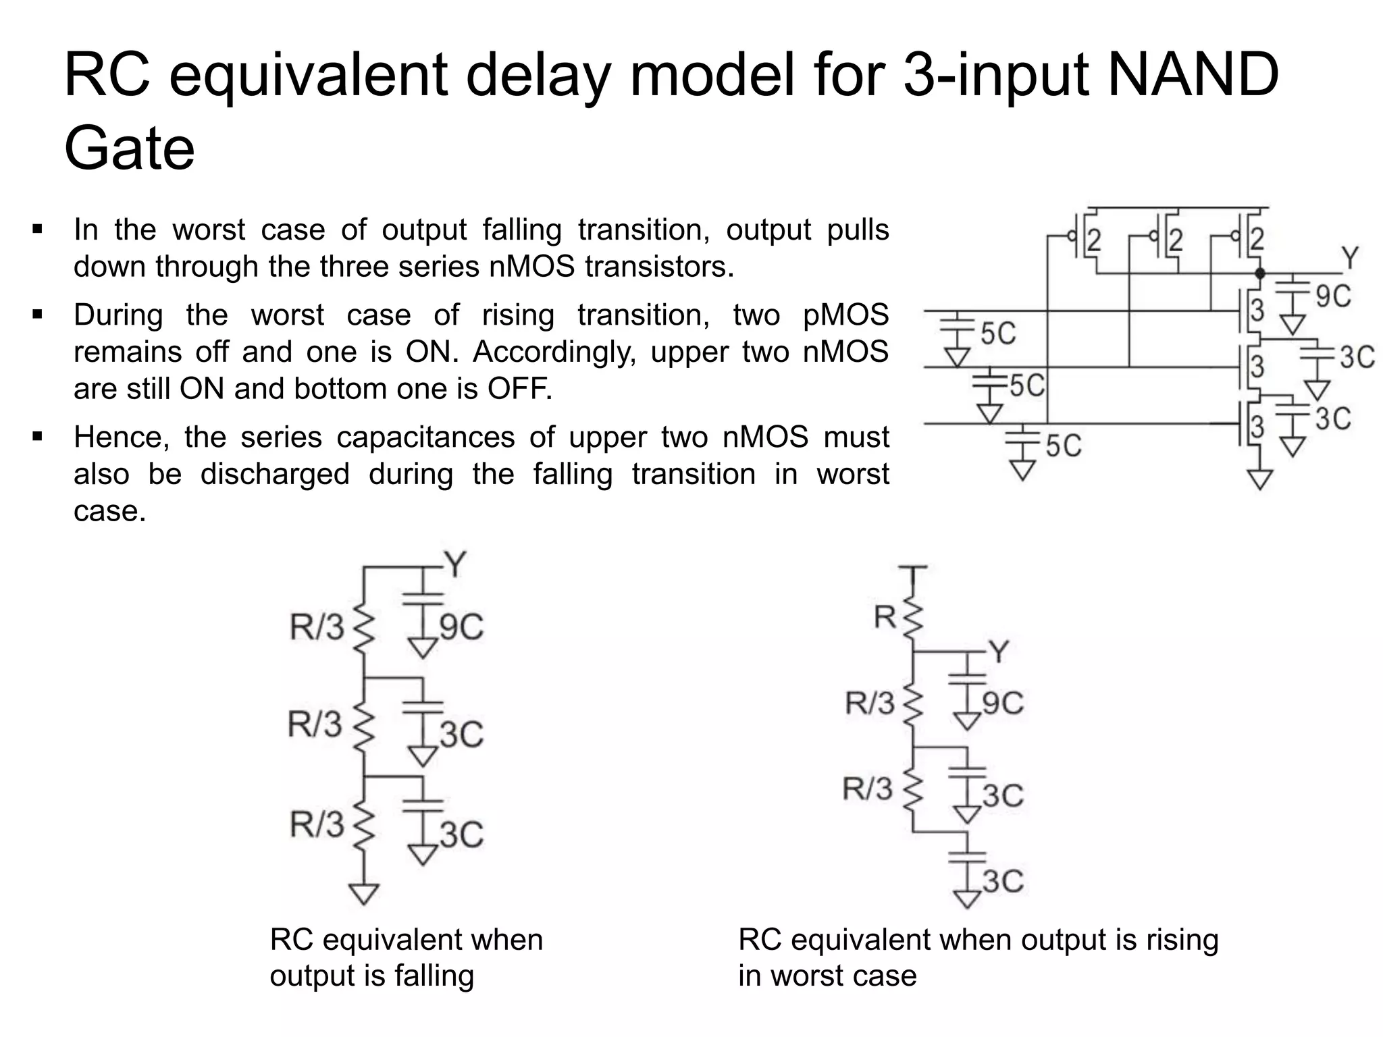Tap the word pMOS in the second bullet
tap(845, 315)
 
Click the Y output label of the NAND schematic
tap(1349, 258)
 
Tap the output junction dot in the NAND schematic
tap(1259, 273)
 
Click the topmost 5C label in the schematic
tap(998, 334)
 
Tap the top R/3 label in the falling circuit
tap(317, 627)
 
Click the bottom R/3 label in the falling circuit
tap(317, 824)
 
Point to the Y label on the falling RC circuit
tap(456, 564)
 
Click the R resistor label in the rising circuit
tap(885, 616)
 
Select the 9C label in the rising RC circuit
tap(1003, 703)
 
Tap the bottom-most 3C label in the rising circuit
tap(1003, 882)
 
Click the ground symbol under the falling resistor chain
tap(365, 893)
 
